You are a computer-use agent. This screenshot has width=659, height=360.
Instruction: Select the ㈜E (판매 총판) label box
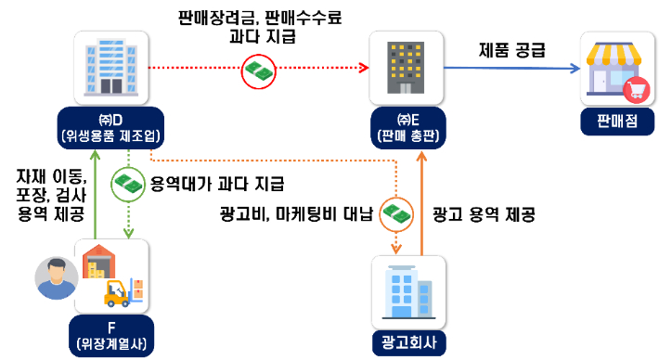point(403,128)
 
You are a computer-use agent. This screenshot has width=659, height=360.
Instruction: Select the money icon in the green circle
point(127,185)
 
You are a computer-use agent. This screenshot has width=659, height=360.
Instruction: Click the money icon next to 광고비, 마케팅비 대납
point(397,213)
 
